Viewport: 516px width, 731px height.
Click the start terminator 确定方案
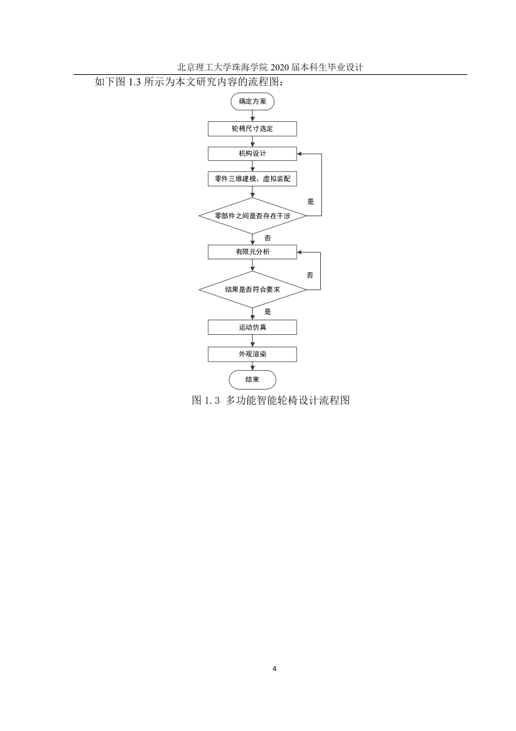pos(252,101)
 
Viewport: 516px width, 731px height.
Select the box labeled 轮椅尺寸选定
pos(252,128)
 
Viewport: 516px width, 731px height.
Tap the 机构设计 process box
pos(252,154)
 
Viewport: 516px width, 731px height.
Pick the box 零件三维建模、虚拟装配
pos(252,179)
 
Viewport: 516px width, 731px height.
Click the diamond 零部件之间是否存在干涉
pos(252,216)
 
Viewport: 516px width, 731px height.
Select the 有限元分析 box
pos(252,252)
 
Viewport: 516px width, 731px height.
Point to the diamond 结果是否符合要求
pos(252,289)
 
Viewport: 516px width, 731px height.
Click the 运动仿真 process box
pos(252,327)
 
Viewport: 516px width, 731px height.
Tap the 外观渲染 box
pos(252,354)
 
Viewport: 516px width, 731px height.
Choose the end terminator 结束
pos(252,379)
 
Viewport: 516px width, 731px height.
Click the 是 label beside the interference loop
pos(310,202)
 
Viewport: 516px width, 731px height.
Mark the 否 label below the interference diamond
pos(267,238)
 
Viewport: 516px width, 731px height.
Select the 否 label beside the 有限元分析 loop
pos(310,276)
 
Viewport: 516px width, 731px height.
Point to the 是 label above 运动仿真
pos(267,312)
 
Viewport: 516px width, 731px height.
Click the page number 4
pos(275,669)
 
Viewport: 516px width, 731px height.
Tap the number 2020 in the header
pos(279,67)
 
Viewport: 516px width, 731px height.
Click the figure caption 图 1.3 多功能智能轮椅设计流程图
pos(271,400)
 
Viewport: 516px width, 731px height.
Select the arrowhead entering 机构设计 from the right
pos(299,154)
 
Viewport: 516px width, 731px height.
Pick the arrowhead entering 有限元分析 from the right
pos(299,252)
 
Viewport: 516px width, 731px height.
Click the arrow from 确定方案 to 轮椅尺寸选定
pos(252,116)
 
